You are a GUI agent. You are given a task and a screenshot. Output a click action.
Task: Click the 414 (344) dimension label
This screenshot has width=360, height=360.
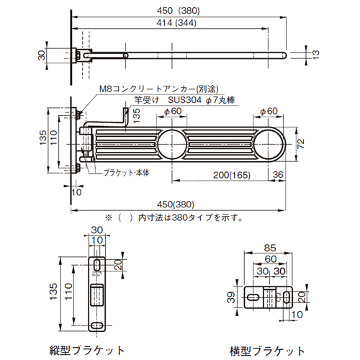[176, 23]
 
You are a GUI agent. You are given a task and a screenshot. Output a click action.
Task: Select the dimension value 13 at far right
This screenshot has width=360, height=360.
[316, 55]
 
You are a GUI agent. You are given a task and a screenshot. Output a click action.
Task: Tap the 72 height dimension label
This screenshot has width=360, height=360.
[301, 143]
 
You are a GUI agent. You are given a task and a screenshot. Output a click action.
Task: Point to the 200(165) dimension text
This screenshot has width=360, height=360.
[232, 175]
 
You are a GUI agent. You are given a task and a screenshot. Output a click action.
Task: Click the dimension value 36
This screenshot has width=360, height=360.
[278, 174]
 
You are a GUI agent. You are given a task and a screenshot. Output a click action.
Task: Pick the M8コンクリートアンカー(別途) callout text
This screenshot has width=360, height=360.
[159, 89]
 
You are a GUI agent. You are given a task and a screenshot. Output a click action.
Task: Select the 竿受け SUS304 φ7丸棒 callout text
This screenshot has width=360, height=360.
[184, 100]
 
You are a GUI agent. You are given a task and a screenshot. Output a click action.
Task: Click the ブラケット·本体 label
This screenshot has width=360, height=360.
[127, 173]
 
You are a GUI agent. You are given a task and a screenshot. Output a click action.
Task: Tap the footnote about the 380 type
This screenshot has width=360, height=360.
[174, 217]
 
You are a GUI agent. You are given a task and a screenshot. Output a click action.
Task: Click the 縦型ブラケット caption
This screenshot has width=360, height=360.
[87, 351]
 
